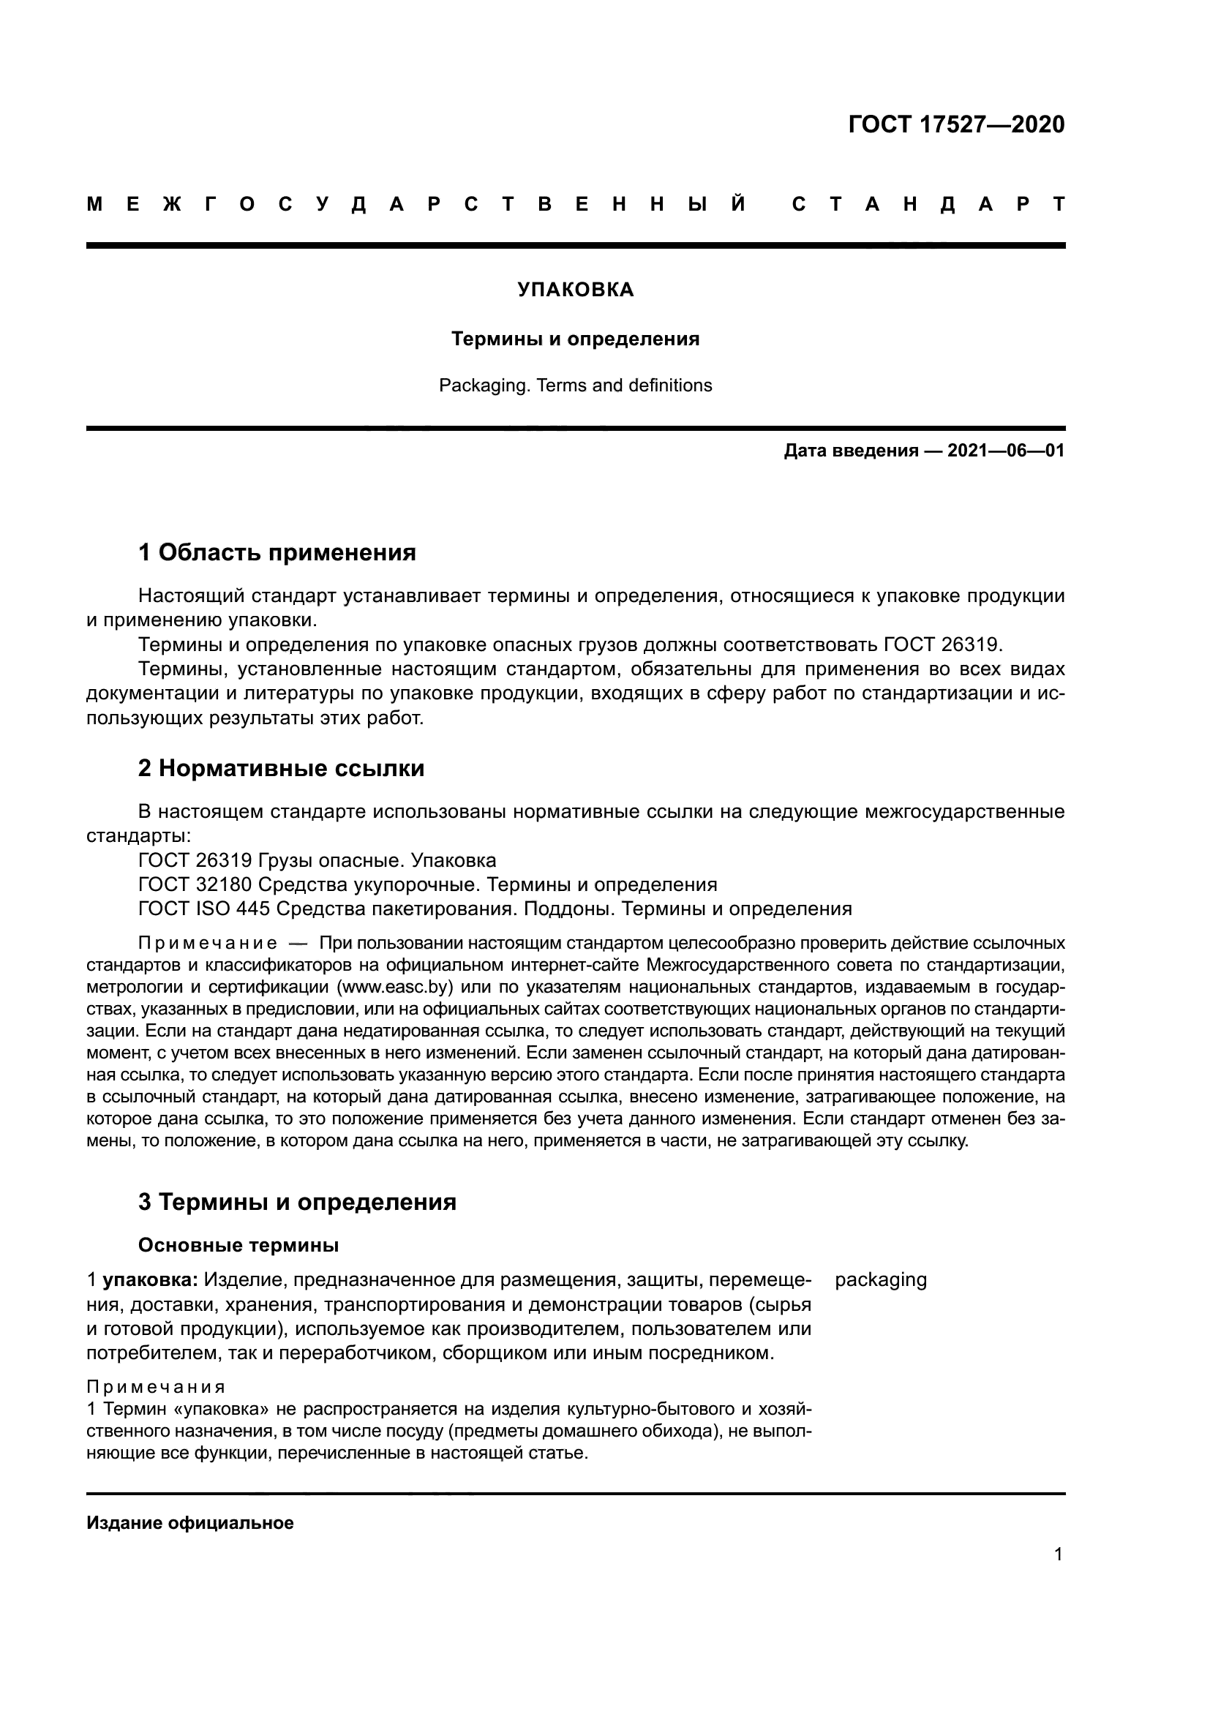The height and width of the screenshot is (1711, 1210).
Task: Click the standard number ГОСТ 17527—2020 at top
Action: coord(956,124)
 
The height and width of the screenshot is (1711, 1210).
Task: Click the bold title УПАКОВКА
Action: coord(575,290)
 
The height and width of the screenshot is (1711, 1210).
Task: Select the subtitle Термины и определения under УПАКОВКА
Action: coord(575,339)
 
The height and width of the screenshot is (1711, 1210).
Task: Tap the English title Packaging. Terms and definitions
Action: coord(575,386)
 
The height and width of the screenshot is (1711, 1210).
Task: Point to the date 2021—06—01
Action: coord(1005,451)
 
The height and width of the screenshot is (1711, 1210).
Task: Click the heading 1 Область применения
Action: coord(277,552)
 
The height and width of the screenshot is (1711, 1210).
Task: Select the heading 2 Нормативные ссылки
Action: coord(281,768)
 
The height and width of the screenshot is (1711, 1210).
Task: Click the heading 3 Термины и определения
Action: coord(296,1202)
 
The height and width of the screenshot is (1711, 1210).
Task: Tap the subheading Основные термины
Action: coord(238,1245)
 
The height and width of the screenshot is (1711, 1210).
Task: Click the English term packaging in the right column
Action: coord(881,1279)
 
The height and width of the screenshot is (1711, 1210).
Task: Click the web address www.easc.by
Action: coord(396,988)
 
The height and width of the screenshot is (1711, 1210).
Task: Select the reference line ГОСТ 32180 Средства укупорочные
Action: coord(427,884)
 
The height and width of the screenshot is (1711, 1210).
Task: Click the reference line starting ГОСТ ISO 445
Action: coord(494,909)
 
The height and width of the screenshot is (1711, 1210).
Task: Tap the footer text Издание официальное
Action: coord(190,1522)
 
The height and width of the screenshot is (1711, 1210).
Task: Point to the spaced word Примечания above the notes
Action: coord(156,1387)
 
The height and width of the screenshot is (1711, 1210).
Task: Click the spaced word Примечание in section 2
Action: coord(208,944)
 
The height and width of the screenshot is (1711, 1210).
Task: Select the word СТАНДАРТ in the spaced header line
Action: coord(928,204)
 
